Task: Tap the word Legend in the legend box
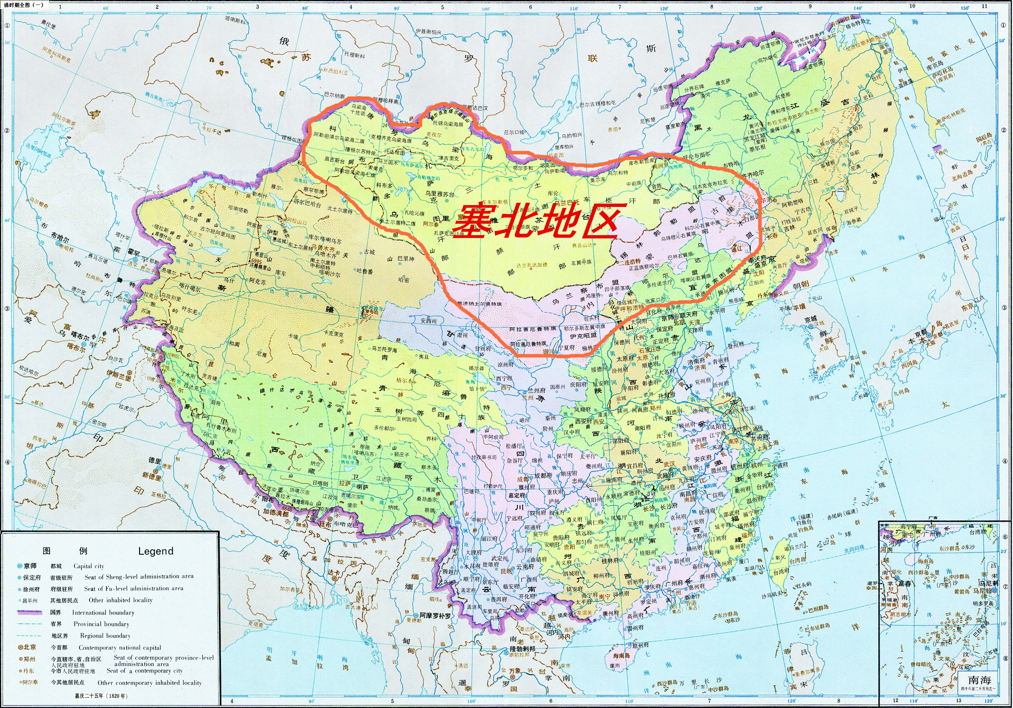(x=155, y=551)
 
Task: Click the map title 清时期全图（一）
(x=24, y=5)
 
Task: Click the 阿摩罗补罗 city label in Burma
(x=435, y=616)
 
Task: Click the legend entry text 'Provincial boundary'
(x=102, y=624)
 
